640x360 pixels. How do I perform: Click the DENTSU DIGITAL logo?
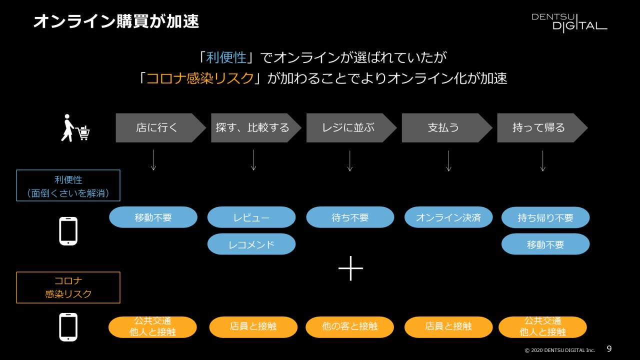(569, 22)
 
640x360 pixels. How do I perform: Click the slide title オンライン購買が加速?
(116, 21)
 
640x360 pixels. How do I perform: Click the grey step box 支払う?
(443, 128)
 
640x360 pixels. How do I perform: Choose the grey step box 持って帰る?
(538, 128)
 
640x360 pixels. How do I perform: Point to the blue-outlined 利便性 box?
(68, 185)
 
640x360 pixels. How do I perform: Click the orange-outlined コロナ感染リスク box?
(68, 287)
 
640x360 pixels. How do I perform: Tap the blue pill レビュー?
(251, 217)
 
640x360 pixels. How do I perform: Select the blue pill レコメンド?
(251, 244)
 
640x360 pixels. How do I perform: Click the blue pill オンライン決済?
(448, 217)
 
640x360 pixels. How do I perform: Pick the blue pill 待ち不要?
(350, 217)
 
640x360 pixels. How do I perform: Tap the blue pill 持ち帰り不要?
(545, 217)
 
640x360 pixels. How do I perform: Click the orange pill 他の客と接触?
(350, 327)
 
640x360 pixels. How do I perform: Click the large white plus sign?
(350, 268)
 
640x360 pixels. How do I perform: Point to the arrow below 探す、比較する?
(253, 160)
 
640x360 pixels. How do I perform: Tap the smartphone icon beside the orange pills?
(68, 327)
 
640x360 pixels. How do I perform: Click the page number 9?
(609, 349)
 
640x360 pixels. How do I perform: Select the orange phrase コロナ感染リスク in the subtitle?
(200, 78)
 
